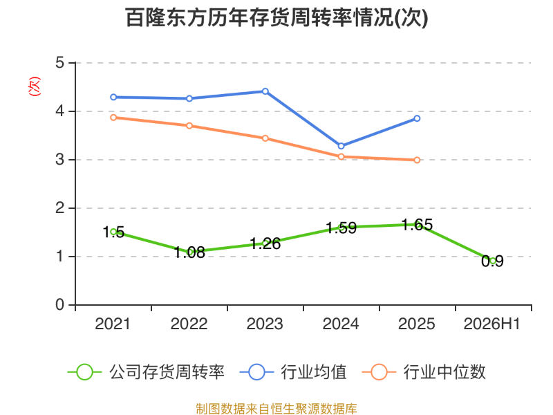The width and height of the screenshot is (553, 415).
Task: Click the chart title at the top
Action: click(x=276, y=18)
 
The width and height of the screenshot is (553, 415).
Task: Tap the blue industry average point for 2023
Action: click(x=265, y=91)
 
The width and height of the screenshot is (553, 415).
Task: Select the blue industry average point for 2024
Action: click(x=341, y=146)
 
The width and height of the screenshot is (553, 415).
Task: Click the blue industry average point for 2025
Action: click(x=417, y=118)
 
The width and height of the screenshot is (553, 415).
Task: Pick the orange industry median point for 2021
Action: click(x=113, y=118)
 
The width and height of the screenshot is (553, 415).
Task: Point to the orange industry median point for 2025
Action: click(x=417, y=160)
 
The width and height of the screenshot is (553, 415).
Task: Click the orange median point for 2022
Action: click(x=189, y=126)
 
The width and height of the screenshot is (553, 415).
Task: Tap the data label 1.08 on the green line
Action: click(x=189, y=252)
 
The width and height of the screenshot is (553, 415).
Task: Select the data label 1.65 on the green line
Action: click(x=418, y=225)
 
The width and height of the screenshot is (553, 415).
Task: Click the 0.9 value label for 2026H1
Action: click(x=492, y=261)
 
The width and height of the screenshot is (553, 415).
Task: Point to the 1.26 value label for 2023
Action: click(x=265, y=243)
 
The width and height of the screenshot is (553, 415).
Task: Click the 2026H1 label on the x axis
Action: click(x=492, y=324)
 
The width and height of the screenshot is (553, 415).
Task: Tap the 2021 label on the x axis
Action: click(x=113, y=324)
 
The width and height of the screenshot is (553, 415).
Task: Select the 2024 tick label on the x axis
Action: click(x=341, y=324)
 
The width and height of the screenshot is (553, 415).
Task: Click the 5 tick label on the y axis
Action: click(x=59, y=63)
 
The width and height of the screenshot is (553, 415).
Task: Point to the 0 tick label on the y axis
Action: click(x=59, y=304)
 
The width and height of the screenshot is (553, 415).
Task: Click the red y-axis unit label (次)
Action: click(x=34, y=86)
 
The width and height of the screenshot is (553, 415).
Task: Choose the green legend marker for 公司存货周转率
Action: click(x=84, y=372)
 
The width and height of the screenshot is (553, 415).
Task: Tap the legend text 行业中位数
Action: click(x=444, y=372)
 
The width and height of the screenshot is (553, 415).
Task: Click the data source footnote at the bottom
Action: click(x=276, y=409)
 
